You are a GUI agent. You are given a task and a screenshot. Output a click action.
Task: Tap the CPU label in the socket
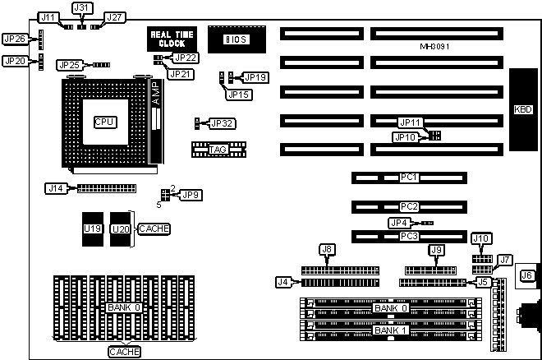[104, 122]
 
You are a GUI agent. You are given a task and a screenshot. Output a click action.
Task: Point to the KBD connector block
[523, 109]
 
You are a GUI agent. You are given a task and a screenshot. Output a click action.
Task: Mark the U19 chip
[93, 228]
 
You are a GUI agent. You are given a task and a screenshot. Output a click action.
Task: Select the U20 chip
[121, 228]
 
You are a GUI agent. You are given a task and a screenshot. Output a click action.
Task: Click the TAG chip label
[218, 150]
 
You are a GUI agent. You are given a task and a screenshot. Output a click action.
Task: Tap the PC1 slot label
[410, 177]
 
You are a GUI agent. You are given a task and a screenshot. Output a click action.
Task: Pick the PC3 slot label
[410, 237]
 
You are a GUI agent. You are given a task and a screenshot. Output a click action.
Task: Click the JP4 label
[398, 223]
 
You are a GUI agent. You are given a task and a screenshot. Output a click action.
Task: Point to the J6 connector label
[526, 275]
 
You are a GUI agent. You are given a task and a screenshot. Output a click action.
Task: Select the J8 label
[327, 249]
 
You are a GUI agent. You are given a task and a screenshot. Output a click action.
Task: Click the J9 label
[437, 249]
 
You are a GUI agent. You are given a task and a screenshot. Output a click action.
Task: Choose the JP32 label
[223, 123]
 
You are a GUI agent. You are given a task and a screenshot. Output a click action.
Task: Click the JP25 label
[69, 64]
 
